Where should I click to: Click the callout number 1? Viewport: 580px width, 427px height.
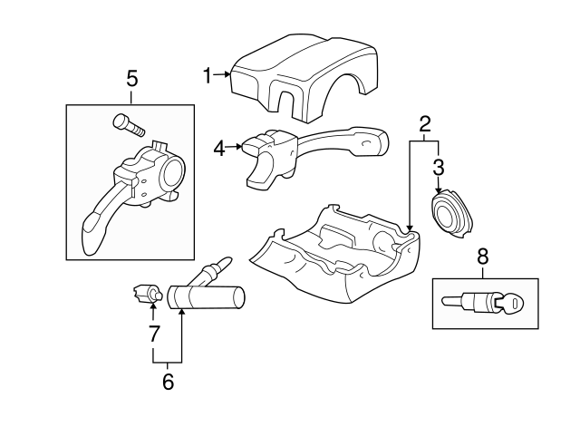pyautogui.click(x=207, y=76)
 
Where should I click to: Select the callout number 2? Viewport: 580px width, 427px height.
pyautogui.click(x=423, y=125)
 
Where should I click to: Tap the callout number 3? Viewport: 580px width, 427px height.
pyautogui.click(x=438, y=167)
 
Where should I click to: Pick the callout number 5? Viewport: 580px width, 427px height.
pyautogui.click(x=131, y=81)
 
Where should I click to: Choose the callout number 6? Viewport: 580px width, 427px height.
pyautogui.click(x=168, y=382)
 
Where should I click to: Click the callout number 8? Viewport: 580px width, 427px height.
pyautogui.click(x=482, y=257)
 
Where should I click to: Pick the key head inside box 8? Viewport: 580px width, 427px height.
pyautogui.click(x=512, y=304)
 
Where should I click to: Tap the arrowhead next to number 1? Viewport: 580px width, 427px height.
pyautogui.click(x=225, y=76)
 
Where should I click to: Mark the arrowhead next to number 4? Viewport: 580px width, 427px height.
pyautogui.click(x=237, y=145)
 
